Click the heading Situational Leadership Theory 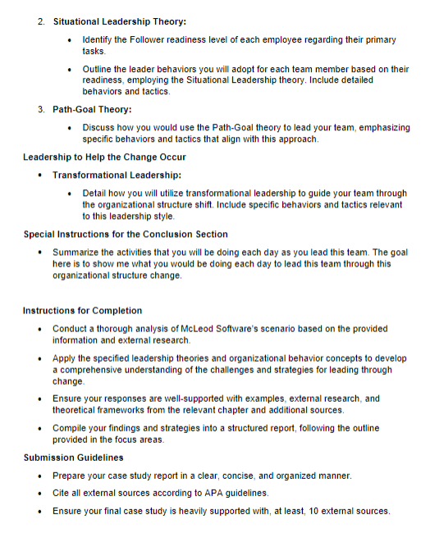(x=119, y=20)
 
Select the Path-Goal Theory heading (x=92, y=109)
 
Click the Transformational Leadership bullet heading (x=117, y=175)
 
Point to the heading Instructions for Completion (x=82, y=311)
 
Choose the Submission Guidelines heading (x=75, y=458)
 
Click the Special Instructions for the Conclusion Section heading (x=126, y=235)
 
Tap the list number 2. (x=41, y=20)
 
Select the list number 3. (x=41, y=109)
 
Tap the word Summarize (x=79, y=253)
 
